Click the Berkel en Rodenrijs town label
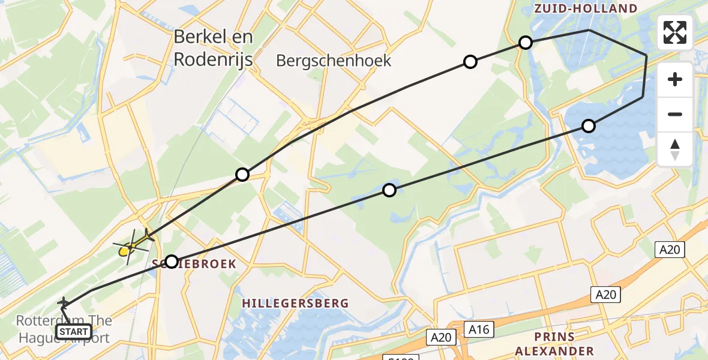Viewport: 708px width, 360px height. [x=213, y=49]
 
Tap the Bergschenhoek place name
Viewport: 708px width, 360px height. [x=334, y=61]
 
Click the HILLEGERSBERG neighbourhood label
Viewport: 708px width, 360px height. [x=295, y=304]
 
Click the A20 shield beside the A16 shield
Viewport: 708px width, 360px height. [x=441, y=338]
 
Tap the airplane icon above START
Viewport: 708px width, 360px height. [x=63, y=303]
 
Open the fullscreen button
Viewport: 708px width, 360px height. [x=675, y=32]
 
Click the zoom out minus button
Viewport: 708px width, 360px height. [x=675, y=114]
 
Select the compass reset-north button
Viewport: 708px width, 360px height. [x=675, y=149]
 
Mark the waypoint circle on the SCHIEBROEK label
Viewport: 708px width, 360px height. [x=172, y=262]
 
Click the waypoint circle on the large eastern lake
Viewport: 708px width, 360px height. [x=589, y=126]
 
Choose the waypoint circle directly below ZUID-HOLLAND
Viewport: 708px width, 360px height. [x=526, y=42]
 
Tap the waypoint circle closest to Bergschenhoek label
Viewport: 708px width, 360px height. [x=470, y=62]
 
